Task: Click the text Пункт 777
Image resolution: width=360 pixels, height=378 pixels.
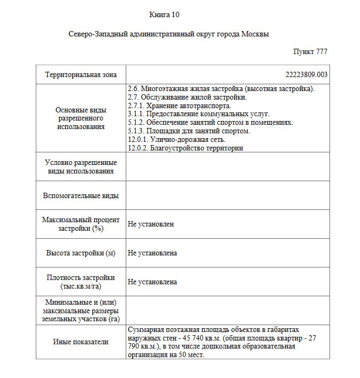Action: click(310, 52)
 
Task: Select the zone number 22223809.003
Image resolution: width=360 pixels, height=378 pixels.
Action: click(308, 75)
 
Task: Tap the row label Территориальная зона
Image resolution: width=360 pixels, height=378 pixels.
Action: click(81, 75)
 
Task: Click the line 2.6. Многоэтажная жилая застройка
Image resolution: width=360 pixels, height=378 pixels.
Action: click(221, 89)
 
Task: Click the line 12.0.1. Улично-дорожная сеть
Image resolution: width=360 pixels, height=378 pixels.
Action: click(177, 139)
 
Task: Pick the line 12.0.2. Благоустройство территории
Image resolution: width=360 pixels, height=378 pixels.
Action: click(186, 148)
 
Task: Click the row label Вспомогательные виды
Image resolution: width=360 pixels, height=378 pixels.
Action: click(81, 196)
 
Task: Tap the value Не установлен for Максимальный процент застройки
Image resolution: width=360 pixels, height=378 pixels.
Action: click(151, 224)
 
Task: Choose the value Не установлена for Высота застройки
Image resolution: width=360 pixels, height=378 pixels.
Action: click(152, 253)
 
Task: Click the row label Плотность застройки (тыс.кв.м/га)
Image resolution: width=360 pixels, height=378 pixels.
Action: click(81, 282)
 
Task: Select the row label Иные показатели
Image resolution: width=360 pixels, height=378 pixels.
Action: click(81, 342)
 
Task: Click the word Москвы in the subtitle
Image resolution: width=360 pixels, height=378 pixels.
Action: click(255, 34)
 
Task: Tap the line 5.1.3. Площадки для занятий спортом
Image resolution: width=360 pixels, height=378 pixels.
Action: click(189, 131)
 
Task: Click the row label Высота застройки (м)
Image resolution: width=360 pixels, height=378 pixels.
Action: click(81, 253)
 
